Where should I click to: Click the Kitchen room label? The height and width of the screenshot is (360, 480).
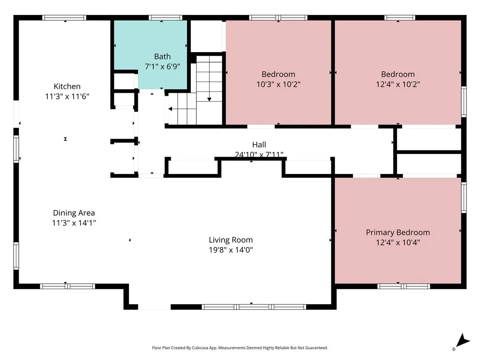pos(67,86)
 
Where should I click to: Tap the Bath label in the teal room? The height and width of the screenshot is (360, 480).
pos(162,56)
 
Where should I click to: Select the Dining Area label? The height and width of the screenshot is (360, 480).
pos(74,213)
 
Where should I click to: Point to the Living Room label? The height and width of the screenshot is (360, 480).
pos(231,240)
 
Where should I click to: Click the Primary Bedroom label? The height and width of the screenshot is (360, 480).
pos(398,232)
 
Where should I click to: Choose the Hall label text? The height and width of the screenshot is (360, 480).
pos(259,144)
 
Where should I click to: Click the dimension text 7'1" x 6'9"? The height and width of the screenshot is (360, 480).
pos(162,67)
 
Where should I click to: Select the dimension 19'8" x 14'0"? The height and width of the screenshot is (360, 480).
pos(231,250)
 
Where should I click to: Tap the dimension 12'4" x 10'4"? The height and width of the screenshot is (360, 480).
pos(398,242)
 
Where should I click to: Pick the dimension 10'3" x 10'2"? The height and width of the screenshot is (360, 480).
pos(278,84)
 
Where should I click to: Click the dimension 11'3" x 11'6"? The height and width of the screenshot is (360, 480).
pos(67,97)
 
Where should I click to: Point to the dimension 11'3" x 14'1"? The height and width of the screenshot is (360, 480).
pos(74,223)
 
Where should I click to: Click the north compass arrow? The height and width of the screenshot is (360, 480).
pos(463,341)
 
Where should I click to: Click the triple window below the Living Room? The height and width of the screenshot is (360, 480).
pos(254,307)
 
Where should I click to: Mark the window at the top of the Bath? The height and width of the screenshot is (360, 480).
pos(165,18)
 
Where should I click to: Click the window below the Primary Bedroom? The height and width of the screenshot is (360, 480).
pos(404,286)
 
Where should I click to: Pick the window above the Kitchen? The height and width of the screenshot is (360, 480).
pos(64,18)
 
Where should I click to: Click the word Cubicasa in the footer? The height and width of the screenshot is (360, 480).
pos(200,348)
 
